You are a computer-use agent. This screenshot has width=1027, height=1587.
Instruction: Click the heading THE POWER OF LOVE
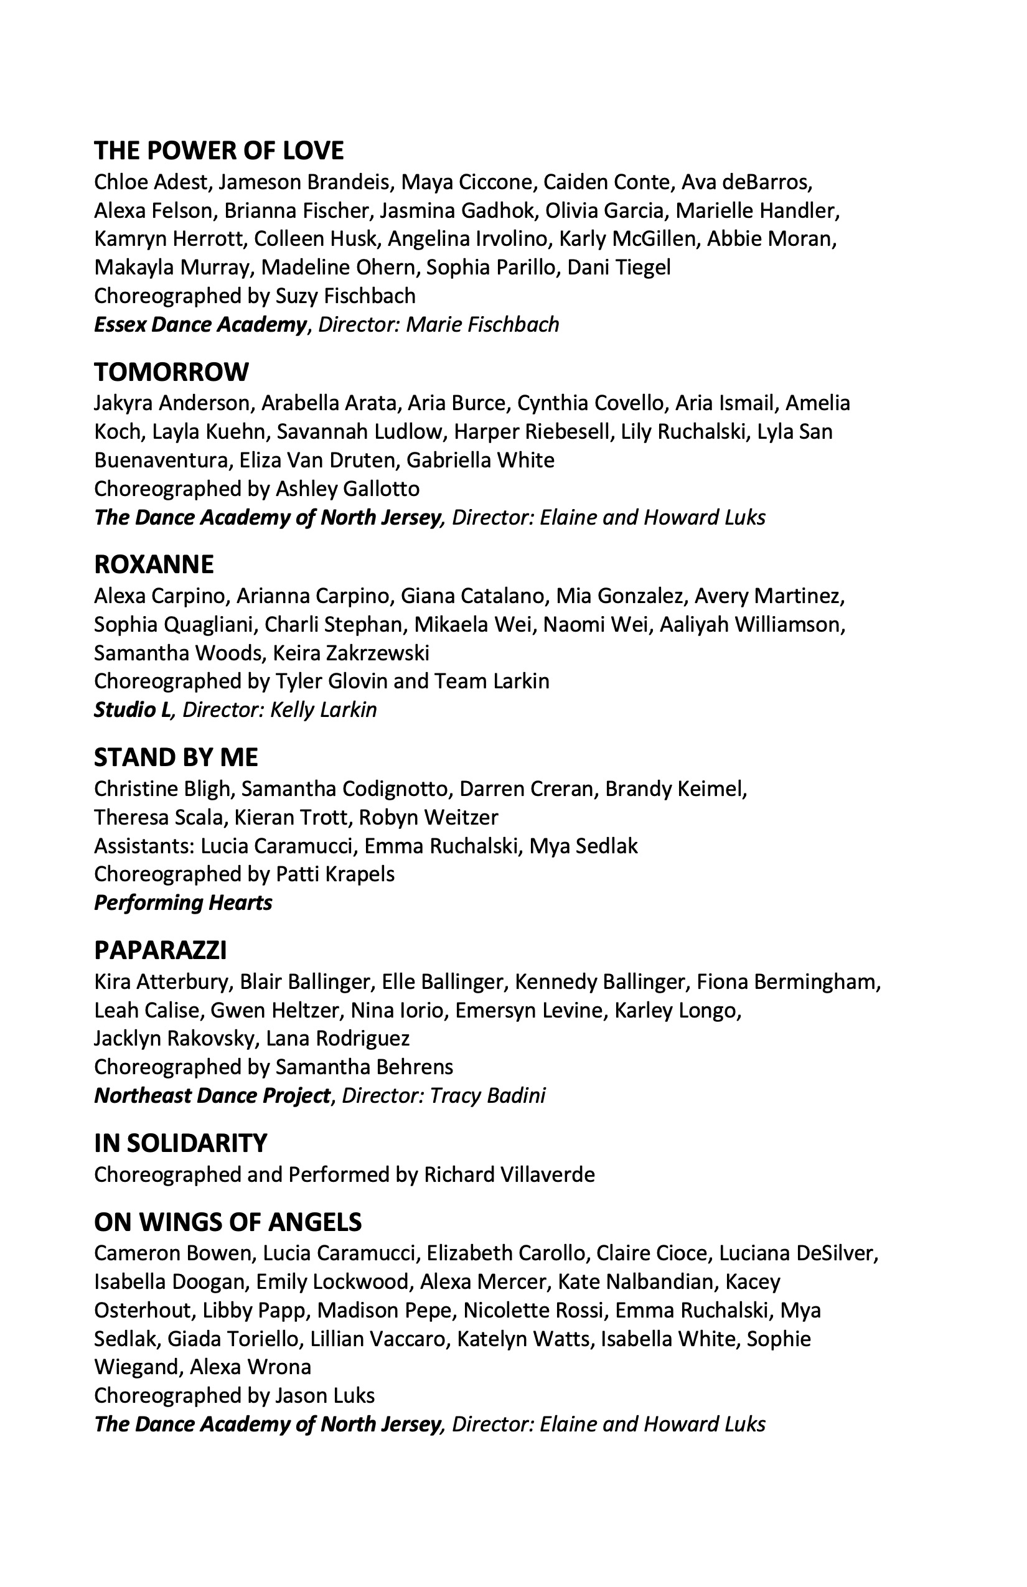click(x=218, y=151)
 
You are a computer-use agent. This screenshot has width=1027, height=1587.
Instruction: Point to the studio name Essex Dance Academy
click(x=200, y=325)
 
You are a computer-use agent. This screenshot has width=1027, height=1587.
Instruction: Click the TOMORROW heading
click(x=171, y=372)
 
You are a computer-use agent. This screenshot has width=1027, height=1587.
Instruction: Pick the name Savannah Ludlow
click(x=360, y=431)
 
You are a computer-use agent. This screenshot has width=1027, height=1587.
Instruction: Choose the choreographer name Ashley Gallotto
click(x=347, y=489)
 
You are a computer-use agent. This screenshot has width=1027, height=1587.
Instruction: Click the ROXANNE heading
click(x=154, y=564)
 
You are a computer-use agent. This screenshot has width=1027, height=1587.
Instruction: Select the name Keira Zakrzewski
click(x=351, y=653)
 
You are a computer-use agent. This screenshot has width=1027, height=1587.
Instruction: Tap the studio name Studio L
click(x=133, y=709)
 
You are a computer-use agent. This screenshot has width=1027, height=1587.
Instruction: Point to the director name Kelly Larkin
click(x=324, y=709)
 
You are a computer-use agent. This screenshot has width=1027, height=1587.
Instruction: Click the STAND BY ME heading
click(x=176, y=757)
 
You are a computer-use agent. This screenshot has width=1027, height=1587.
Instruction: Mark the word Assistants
click(x=143, y=846)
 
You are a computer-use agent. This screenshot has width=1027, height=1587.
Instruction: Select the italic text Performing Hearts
click(x=184, y=903)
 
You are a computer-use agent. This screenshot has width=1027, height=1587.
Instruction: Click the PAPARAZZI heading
click(x=161, y=950)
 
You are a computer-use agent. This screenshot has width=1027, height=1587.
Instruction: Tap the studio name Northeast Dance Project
click(x=212, y=1095)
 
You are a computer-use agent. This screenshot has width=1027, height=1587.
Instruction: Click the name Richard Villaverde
click(x=510, y=1174)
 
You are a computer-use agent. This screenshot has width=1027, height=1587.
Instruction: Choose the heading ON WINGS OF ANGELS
click(x=228, y=1222)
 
